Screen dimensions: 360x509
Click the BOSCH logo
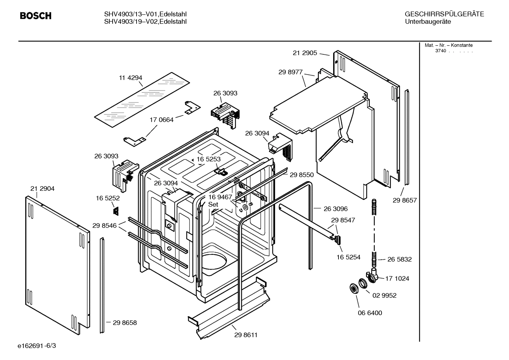(x=35, y=16)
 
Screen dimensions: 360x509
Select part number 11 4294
(x=130, y=78)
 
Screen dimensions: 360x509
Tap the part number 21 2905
(x=305, y=53)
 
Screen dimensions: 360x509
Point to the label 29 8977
(x=291, y=72)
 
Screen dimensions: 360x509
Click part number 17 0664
(x=161, y=120)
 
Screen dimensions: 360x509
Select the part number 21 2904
(x=42, y=189)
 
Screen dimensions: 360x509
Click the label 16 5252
(x=108, y=198)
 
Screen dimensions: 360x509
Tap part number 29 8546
(x=104, y=225)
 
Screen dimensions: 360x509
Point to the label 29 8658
(x=125, y=323)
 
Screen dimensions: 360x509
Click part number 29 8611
(x=246, y=335)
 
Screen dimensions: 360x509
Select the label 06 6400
(x=370, y=313)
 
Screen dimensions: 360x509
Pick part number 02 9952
(x=384, y=295)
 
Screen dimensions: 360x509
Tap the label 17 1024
(x=397, y=278)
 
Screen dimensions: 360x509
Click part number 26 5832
(x=400, y=259)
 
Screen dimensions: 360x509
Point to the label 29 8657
(x=405, y=200)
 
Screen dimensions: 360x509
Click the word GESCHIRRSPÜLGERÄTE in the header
(x=444, y=14)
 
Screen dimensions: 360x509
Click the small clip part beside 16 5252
(x=115, y=211)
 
